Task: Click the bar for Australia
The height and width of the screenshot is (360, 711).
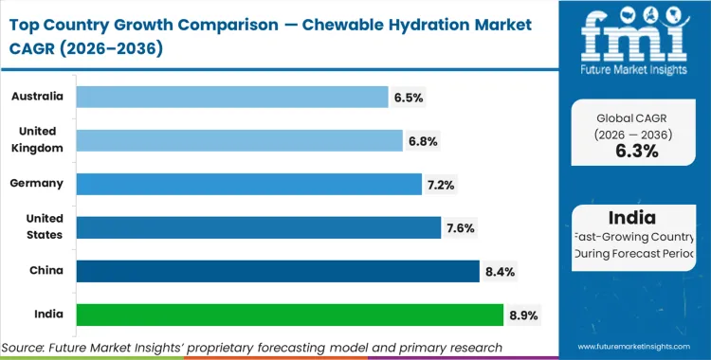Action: click(232, 97)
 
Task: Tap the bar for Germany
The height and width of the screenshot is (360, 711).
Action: click(248, 184)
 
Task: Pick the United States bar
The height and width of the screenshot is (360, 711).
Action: click(258, 227)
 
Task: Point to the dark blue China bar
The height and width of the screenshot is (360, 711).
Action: click(277, 271)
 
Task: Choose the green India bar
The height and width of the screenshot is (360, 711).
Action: click(289, 315)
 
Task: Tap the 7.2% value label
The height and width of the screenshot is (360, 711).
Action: click(442, 184)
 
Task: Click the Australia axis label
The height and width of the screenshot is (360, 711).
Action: click(38, 97)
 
